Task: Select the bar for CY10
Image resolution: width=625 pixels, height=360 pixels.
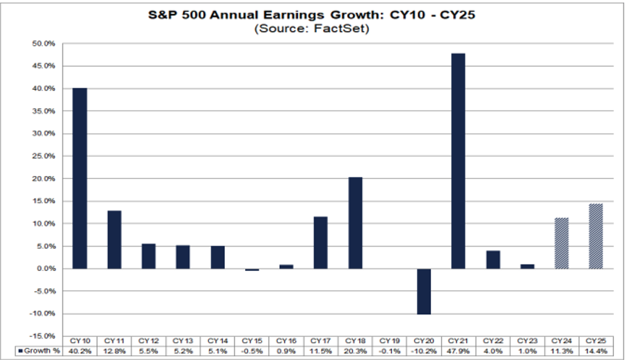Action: (79, 178)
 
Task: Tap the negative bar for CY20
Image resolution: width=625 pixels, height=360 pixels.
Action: (423, 291)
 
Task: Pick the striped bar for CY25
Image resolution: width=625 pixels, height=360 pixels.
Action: (596, 236)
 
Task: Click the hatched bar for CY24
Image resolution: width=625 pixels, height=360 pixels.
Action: (561, 243)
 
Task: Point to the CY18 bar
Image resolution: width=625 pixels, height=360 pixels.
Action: (354, 223)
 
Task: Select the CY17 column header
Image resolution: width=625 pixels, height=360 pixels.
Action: (320, 339)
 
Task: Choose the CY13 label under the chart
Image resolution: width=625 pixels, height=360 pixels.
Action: (182, 339)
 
